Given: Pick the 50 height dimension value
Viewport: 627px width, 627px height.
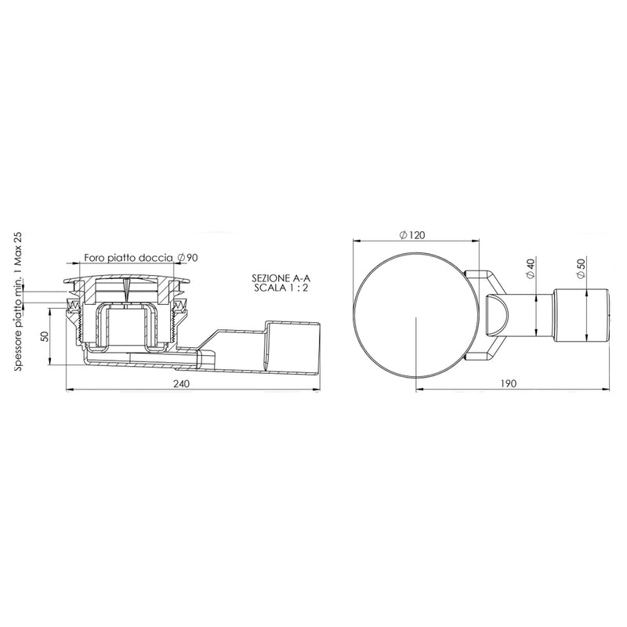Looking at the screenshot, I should click(45, 336).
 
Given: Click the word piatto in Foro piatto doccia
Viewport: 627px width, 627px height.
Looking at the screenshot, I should click(121, 258).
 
